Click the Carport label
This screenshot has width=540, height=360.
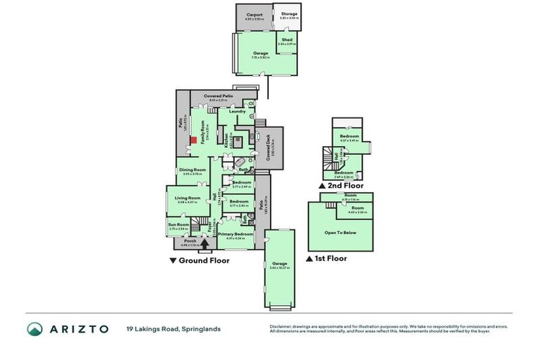254,15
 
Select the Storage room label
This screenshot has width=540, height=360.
290,14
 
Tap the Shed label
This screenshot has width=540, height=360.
287,40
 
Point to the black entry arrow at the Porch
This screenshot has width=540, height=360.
205,244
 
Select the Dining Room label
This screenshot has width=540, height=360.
192,170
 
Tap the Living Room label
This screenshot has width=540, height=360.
188,198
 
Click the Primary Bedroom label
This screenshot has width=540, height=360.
235,234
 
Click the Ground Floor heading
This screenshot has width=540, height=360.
199,260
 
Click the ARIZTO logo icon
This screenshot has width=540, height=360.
34,329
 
